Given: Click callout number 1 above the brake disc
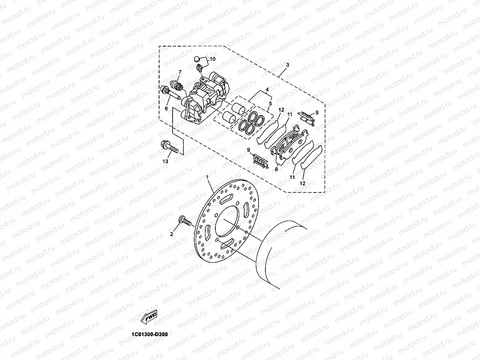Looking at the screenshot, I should pos(207,177).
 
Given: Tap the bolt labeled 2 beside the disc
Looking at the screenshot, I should pos(185,221).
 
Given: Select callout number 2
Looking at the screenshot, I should pos(172,234).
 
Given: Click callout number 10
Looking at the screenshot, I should pos(212,59).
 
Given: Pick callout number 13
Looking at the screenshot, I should pos(165,162).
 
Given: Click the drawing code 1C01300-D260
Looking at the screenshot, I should pos(149,334).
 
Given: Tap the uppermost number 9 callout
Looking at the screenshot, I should pos(317,112).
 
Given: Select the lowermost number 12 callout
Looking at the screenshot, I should pos(302,183).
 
